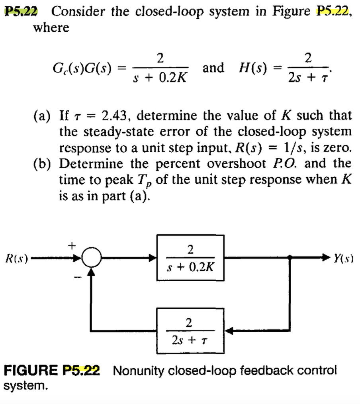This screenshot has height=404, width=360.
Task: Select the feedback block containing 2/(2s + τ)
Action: pos(189,330)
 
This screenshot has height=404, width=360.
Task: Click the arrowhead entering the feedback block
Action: pos(226,330)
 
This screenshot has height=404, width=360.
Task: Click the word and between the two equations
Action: pos(213,68)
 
